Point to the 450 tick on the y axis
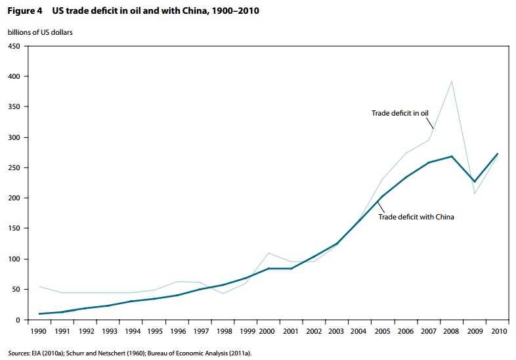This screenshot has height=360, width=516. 14,46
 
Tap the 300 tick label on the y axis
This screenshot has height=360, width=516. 14,137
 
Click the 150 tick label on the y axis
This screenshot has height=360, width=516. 14,229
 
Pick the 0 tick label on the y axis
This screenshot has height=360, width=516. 18,320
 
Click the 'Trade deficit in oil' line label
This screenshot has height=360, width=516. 400,113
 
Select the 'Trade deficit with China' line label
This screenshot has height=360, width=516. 416,216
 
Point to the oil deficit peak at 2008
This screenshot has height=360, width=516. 452,81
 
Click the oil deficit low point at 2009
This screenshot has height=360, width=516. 475,193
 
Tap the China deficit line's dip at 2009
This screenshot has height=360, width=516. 475,181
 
